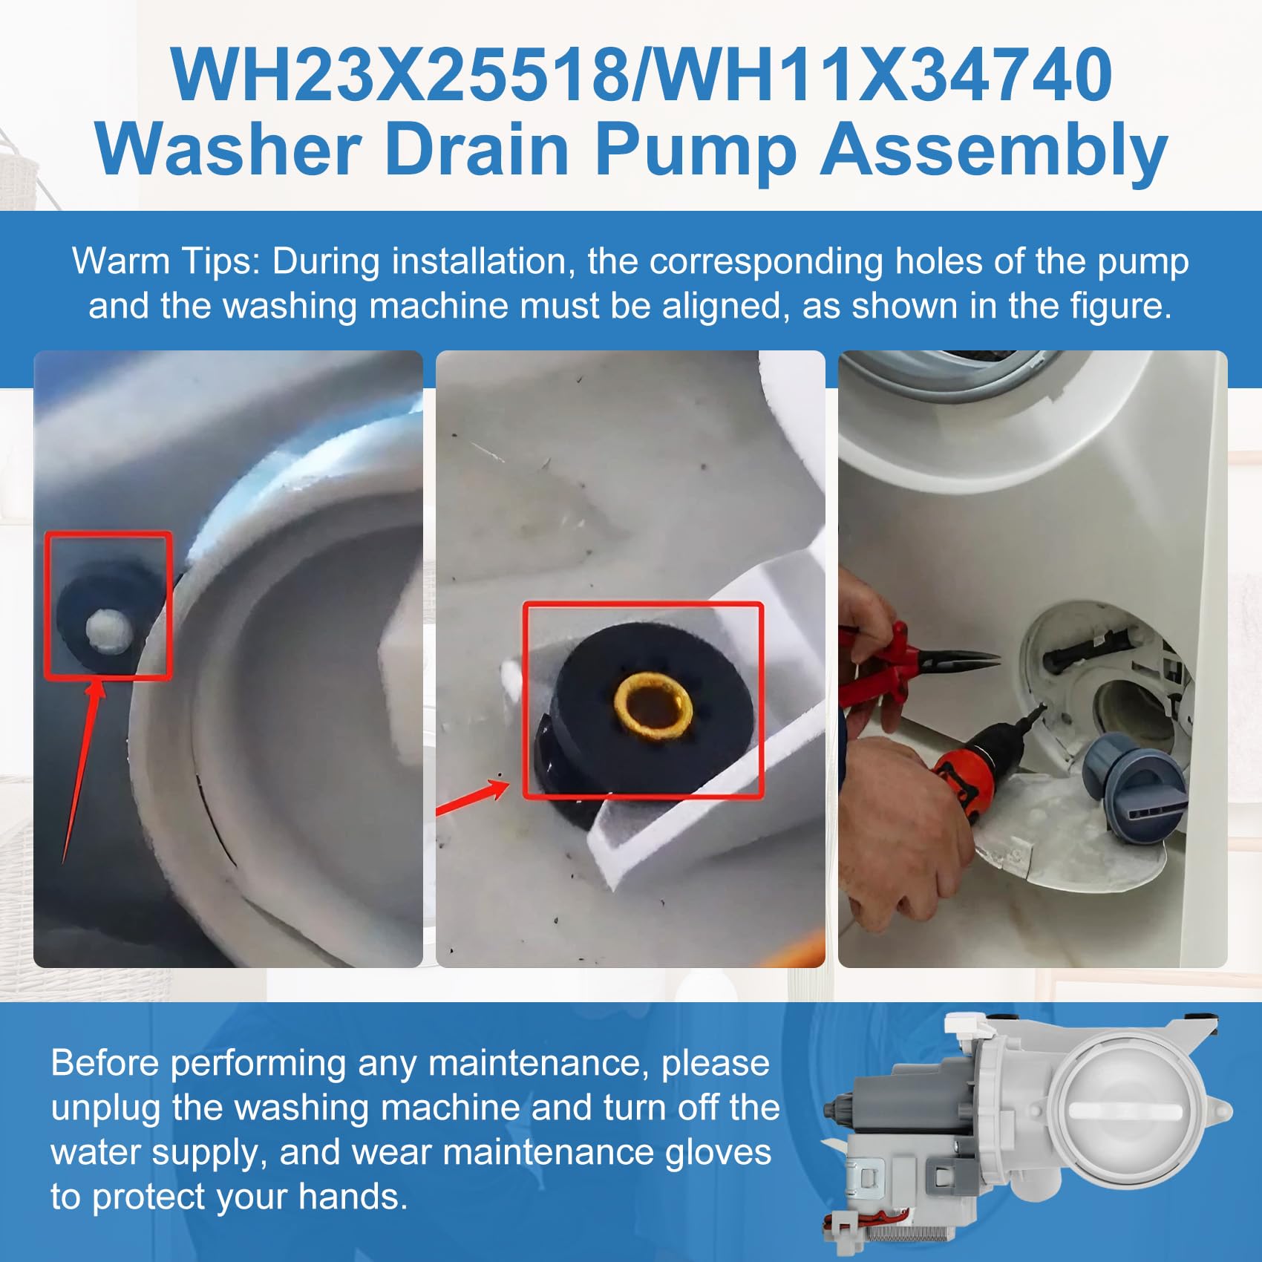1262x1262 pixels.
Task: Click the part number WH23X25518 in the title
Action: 400,74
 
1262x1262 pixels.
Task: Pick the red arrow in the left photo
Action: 81,772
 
